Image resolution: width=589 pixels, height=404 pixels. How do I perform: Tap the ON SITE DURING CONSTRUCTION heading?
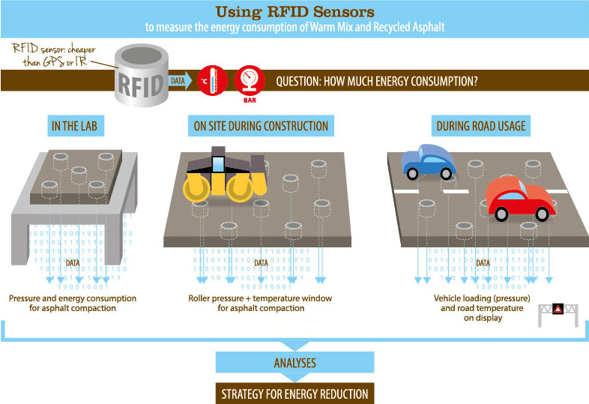[261, 126]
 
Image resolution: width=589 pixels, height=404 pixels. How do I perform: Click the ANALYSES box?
[294, 363]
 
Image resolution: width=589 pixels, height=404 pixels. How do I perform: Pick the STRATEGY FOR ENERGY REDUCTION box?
[294, 394]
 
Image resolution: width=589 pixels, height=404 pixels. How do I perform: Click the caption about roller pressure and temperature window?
[260, 303]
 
